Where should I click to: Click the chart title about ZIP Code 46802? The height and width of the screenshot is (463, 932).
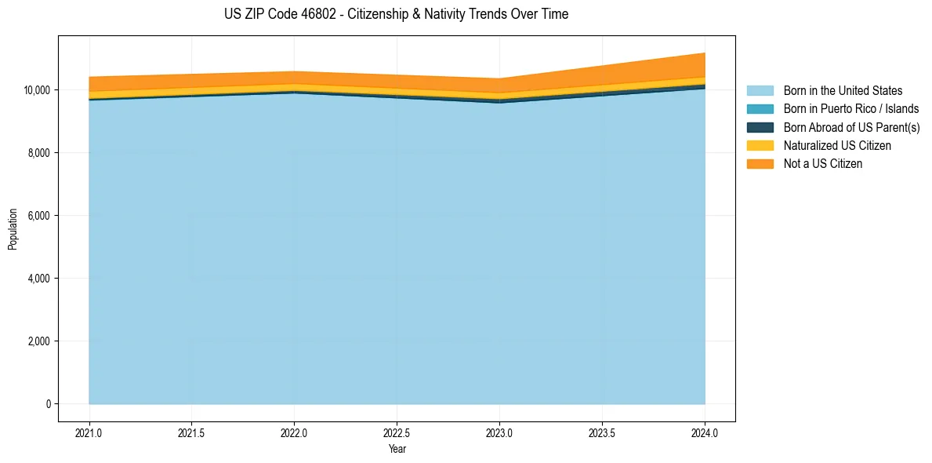(396, 14)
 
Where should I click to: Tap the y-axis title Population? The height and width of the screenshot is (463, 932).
(13, 229)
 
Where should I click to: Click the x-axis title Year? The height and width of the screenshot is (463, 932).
(397, 449)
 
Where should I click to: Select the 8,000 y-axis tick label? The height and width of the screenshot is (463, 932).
(38, 153)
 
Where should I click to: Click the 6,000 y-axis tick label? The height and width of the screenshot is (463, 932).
(38, 216)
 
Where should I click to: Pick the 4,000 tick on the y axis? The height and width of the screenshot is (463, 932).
(38, 279)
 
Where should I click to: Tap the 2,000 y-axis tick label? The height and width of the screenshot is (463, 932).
(38, 341)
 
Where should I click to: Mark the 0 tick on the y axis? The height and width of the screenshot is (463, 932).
(48, 404)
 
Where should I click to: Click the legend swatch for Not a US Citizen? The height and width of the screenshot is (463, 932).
(760, 163)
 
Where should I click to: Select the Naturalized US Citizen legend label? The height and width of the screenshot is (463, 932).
(837, 145)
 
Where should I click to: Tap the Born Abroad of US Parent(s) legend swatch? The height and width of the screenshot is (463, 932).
(760, 127)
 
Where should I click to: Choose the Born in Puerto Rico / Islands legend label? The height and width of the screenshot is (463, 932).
(850, 109)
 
